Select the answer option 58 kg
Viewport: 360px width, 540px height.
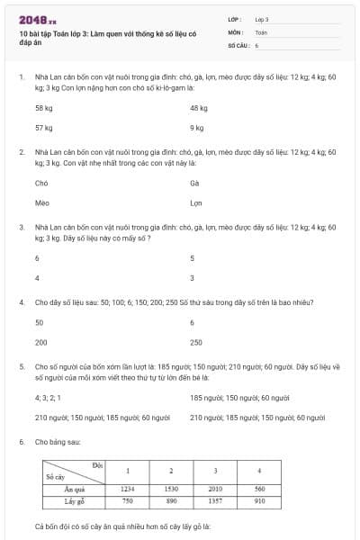coord(44,108)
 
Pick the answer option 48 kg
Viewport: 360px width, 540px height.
coord(199,108)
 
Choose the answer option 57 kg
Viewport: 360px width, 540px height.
coord(44,128)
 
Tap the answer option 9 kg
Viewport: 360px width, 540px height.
coord(197,128)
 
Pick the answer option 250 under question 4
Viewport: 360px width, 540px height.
coord(196,342)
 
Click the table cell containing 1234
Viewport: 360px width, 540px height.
coord(128,489)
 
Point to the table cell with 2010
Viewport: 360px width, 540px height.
coord(215,489)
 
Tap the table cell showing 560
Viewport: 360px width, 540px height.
coord(259,489)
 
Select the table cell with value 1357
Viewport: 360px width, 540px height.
coord(215,500)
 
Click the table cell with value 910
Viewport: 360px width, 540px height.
coord(259,500)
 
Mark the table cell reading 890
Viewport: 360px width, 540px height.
coord(171,500)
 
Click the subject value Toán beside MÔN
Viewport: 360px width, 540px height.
coord(261,31)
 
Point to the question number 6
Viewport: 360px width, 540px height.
coord(21,442)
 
